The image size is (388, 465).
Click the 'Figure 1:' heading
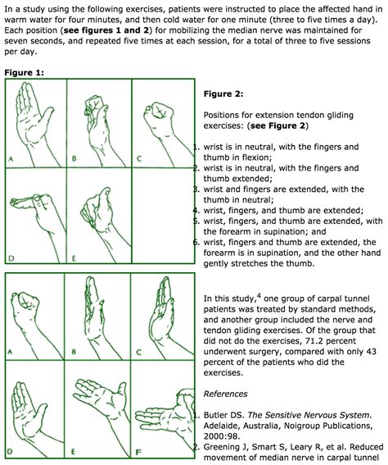25,72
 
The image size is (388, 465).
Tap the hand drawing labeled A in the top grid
34,120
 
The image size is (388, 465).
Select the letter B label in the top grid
74,157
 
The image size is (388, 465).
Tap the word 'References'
225,394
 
